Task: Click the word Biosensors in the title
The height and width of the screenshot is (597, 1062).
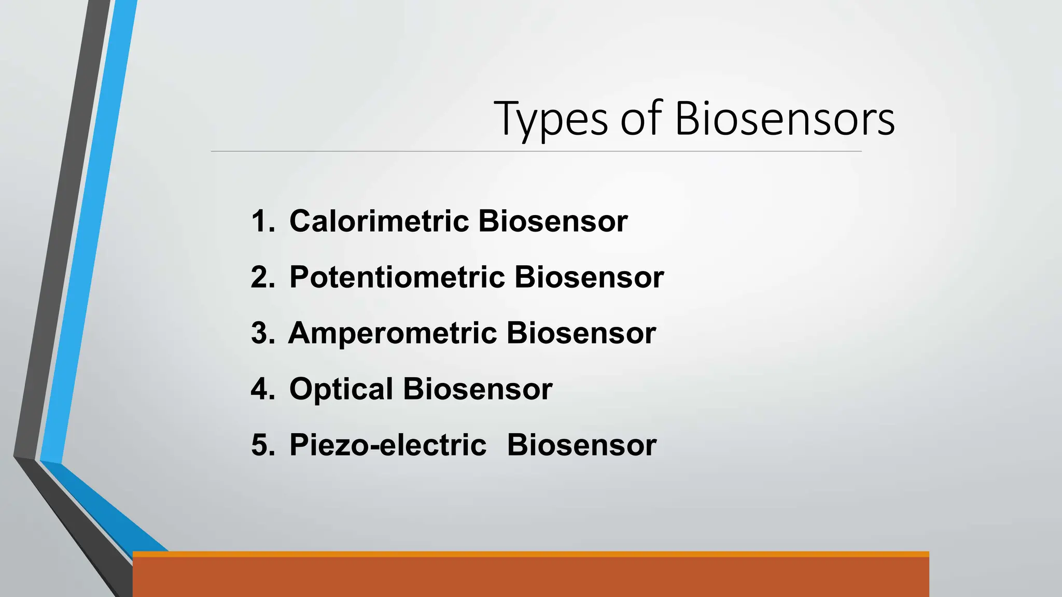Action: (784, 119)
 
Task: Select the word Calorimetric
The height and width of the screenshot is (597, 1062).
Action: (379, 221)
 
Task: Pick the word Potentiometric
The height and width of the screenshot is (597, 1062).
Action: (397, 277)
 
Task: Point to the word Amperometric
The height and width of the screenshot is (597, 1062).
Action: (393, 333)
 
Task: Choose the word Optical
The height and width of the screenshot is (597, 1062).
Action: (341, 389)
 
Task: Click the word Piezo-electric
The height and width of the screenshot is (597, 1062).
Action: (388, 445)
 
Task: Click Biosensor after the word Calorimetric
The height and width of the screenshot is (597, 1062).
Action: (553, 221)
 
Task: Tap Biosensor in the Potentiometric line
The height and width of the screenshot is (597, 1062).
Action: (589, 277)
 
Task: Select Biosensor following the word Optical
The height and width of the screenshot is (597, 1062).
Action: (478, 389)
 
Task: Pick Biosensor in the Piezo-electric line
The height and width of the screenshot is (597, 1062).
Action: (582, 445)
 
